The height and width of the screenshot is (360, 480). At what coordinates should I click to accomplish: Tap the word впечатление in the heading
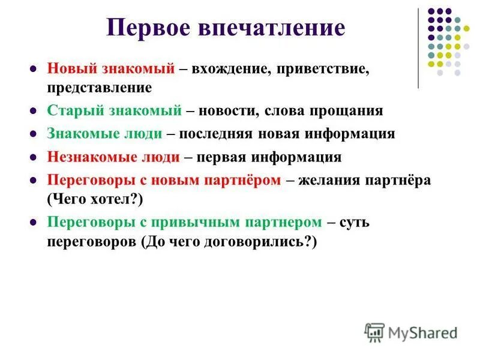[278, 29]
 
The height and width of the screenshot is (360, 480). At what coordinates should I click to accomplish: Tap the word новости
[229, 111]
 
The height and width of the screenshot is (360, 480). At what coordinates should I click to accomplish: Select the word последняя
[229, 134]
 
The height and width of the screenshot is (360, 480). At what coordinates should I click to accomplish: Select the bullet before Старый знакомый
[34, 112]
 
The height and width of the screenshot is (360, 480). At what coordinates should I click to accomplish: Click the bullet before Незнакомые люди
[34, 158]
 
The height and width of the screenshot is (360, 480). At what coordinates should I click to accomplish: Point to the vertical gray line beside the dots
[418, 48]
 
